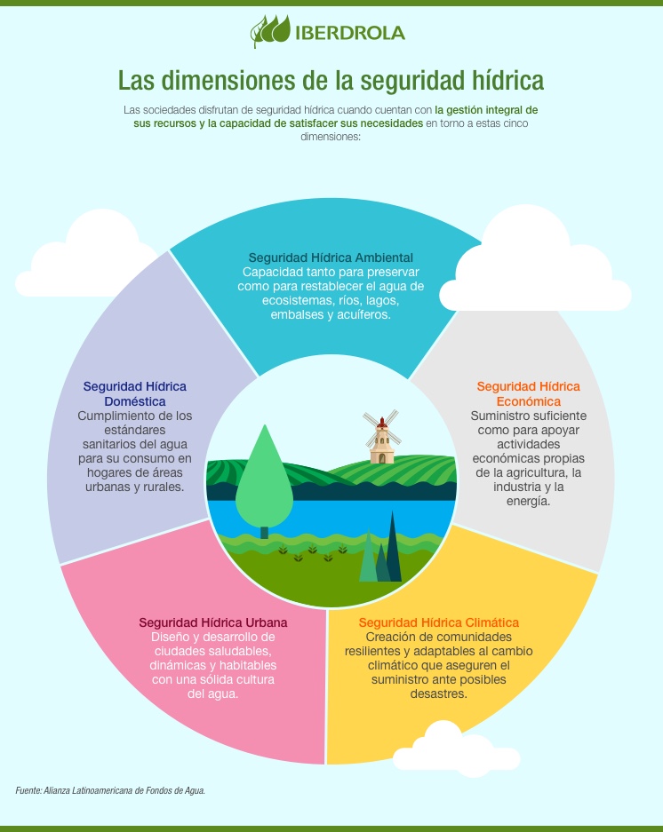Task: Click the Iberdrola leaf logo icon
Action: click(x=270, y=31)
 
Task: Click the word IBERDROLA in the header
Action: click(x=350, y=33)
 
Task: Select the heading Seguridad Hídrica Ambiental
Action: click(x=331, y=258)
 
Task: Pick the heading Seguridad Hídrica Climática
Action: click(x=438, y=622)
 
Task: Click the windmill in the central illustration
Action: click(x=382, y=436)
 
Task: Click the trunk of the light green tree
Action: click(x=264, y=532)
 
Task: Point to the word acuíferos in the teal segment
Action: click(x=359, y=314)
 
